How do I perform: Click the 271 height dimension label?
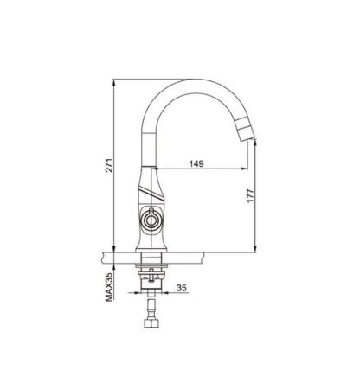click(x=109, y=165)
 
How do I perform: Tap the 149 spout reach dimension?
click(x=196, y=163)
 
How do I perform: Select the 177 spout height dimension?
click(x=250, y=195)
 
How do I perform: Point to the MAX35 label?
click(x=109, y=287)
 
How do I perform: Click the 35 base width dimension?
click(x=182, y=288)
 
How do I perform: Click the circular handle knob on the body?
click(x=151, y=220)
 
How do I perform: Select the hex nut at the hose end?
click(x=151, y=322)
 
